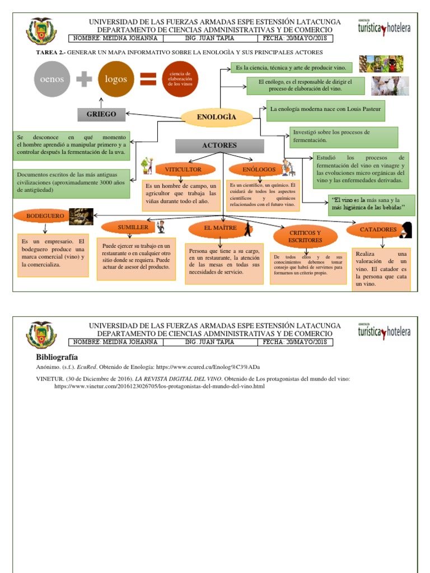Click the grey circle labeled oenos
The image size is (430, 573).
click(52, 79)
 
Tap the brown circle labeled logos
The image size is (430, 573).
click(116, 79)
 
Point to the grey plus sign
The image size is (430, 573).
click(84, 79)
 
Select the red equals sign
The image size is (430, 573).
click(148, 79)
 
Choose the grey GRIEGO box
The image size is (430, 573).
click(101, 114)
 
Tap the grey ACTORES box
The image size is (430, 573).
click(219, 145)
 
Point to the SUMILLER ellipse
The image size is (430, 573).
click(133, 227)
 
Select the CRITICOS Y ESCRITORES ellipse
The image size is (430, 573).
click(305, 236)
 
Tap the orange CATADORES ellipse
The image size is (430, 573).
click(378, 229)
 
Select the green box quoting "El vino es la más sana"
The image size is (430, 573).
click(371, 205)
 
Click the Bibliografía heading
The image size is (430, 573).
click(57, 357)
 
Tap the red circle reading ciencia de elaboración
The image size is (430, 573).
click(180, 79)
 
